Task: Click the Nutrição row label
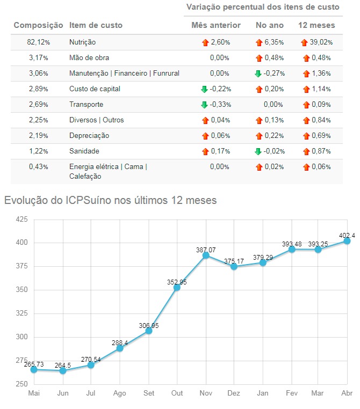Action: (x=83, y=42)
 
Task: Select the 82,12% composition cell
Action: (x=38, y=42)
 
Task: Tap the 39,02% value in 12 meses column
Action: (x=321, y=42)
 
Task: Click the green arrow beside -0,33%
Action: (x=204, y=105)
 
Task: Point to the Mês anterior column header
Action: (x=216, y=25)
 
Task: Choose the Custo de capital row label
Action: (x=95, y=89)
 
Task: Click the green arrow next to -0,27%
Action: (x=258, y=74)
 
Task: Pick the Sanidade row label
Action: (x=84, y=151)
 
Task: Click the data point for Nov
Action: (x=206, y=255)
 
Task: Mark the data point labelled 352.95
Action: (x=177, y=288)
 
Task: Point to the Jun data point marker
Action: (x=63, y=370)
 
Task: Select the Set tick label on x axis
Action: (x=148, y=393)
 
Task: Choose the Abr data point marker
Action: (x=347, y=241)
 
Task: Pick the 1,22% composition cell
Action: (x=38, y=151)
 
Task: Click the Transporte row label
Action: (x=86, y=105)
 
